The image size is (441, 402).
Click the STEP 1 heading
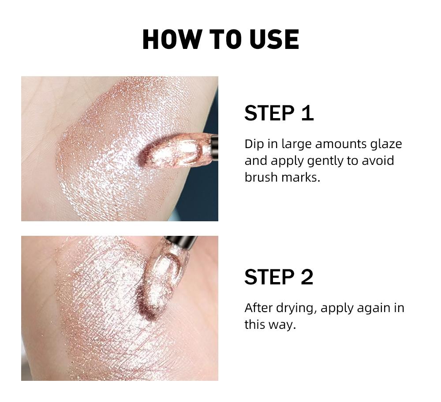pyautogui.click(x=279, y=113)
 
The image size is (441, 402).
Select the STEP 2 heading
pyautogui.click(x=279, y=277)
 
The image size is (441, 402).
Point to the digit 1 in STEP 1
pyautogui.click(x=307, y=113)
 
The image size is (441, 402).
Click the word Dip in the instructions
pyautogui.click(x=253, y=144)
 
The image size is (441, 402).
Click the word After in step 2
pyautogui.click(x=258, y=308)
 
